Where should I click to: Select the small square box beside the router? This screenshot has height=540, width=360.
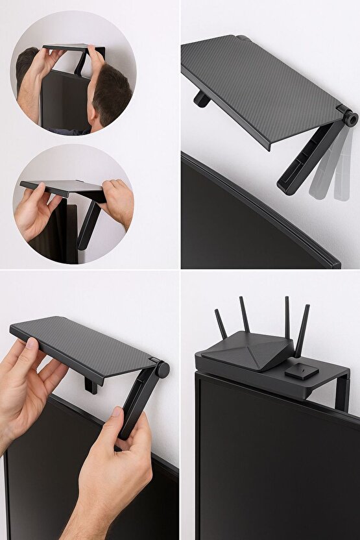click(x=301, y=372)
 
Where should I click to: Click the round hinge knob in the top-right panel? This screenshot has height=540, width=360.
click(x=351, y=118)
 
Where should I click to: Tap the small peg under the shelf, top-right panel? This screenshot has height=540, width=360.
click(x=202, y=99)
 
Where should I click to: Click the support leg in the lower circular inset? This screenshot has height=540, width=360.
click(x=90, y=224)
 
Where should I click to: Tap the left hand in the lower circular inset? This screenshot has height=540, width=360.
click(x=40, y=211)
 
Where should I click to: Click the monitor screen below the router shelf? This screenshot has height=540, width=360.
click(x=272, y=467)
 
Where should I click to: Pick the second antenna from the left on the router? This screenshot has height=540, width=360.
click(x=245, y=316)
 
